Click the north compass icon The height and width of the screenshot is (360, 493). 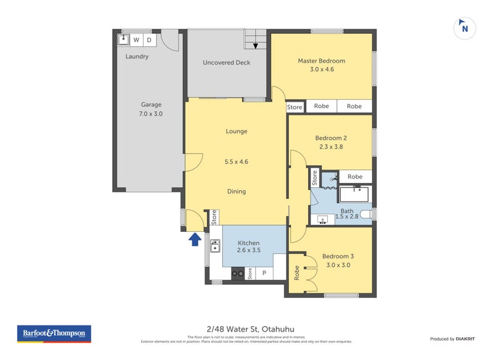[x=465, y=28]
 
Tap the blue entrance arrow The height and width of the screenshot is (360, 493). [x=195, y=239]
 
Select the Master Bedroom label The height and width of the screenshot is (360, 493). [x=321, y=61]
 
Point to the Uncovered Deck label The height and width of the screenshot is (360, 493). [x=226, y=62]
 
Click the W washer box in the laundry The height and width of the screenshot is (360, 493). [x=136, y=40]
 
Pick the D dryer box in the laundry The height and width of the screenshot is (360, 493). [x=149, y=40]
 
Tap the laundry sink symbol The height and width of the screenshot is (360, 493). [x=123, y=40]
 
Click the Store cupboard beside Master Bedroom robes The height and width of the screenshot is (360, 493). [x=295, y=107]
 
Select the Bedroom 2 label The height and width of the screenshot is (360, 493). [x=331, y=137]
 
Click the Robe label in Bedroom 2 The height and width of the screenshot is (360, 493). [x=355, y=177]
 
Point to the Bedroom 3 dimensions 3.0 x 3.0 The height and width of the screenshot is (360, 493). [x=338, y=265]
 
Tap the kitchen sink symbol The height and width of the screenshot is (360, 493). [x=215, y=247]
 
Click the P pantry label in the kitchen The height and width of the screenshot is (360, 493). [x=264, y=272]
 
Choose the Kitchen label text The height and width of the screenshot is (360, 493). [x=248, y=243]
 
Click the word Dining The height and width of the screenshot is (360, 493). [x=236, y=191]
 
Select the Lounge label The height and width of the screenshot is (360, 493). [x=236, y=131]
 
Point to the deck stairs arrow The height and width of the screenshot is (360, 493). [x=255, y=45]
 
